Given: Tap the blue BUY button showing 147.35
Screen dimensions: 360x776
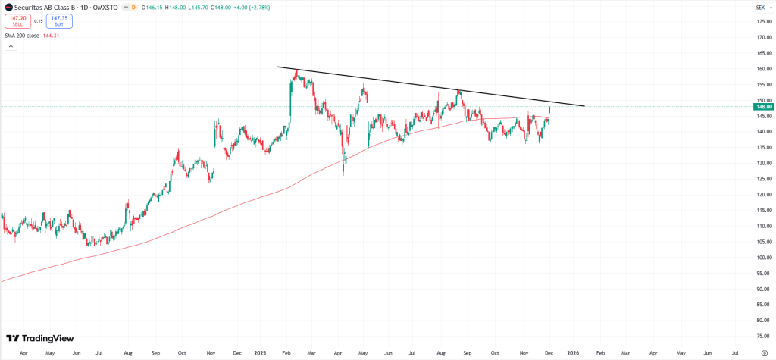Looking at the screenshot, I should click(59, 21).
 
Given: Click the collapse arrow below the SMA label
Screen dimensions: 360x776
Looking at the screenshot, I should click(11, 46).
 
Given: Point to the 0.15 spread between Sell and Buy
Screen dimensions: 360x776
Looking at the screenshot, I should click(39, 21).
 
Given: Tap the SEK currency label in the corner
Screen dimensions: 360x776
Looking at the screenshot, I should click(760, 7).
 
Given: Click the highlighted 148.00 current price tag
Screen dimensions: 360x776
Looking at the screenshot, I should click(762, 107).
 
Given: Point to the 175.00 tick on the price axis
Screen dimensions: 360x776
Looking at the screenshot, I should click(763, 21).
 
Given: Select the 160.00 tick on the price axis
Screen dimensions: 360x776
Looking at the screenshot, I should click(763, 69).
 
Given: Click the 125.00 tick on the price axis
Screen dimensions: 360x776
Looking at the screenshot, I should click(763, 179).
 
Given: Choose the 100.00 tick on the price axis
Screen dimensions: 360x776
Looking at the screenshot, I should click(763, 258).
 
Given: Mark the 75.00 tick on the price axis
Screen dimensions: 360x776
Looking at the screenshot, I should click(763, 336).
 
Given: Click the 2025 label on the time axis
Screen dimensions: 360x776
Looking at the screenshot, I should click(260, 353).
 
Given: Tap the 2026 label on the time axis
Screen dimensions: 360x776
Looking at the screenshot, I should click(573, 353).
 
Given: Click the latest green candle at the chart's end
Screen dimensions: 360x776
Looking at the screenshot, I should click(549, 110).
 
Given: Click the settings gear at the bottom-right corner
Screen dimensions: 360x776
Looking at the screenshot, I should click(763, 353).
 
